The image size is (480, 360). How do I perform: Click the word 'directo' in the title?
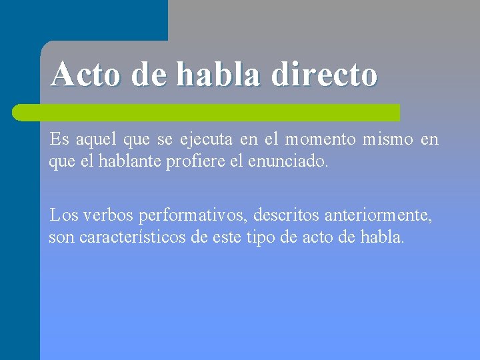pos(325,74)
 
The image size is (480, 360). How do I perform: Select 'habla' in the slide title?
pos(220,74)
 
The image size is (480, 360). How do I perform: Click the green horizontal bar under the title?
pos(207,112)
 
